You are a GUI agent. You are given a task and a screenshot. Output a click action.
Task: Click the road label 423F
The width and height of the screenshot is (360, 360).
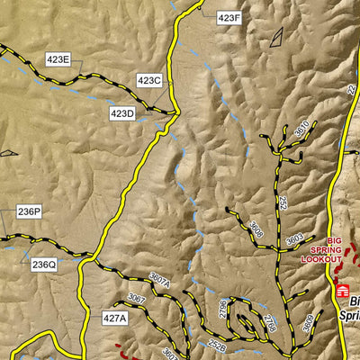[229, 18]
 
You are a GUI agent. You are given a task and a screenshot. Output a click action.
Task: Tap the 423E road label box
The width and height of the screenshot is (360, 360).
[58, 59]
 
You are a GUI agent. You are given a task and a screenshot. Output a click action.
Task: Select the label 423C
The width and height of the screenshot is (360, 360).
[149, 81]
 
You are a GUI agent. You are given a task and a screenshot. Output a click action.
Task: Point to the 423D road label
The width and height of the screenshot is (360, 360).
[122, 113]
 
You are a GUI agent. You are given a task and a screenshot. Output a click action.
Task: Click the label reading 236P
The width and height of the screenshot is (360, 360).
[30, 212]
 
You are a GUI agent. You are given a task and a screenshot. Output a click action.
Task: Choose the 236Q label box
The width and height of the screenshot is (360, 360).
[44, 265]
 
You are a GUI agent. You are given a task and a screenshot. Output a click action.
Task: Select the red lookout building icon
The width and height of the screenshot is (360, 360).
[342, 290]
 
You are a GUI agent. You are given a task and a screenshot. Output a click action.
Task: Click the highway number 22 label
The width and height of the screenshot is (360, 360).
[352, 91]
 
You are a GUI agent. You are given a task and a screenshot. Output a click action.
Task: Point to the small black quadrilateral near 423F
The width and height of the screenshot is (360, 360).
[275, 37]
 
